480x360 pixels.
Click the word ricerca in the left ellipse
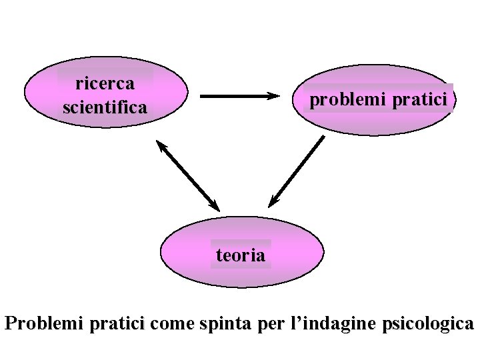point(105,84)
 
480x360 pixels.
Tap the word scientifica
point(105,107)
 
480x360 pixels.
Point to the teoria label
point(241,255)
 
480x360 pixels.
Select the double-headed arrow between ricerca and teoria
point(189,175)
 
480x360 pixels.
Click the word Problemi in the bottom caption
point(41,325)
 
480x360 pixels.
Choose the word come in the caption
point(173,325)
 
